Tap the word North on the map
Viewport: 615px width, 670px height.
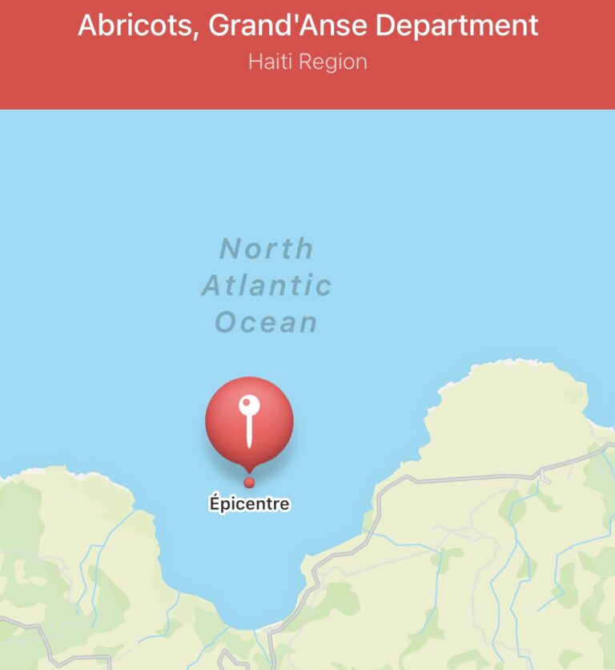click(267, 248)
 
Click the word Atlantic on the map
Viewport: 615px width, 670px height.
click(267, 285)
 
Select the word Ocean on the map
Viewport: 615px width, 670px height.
click(267, 322)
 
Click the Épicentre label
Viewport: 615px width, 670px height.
click(249, 504)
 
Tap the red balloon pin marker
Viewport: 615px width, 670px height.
click(249, 423)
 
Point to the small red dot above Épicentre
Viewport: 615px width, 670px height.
click(249, 482)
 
